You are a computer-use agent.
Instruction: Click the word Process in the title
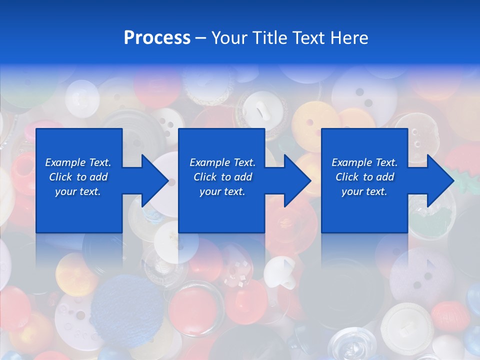(x=157, y=38)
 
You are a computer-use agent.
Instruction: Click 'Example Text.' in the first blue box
(x=78, y=162)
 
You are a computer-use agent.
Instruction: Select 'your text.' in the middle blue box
(x=222, y=192)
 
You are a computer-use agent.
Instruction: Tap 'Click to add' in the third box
(x=364, y=177)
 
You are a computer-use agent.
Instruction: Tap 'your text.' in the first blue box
(x=78, y=192)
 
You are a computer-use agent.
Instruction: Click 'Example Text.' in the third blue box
(x=364, y=162)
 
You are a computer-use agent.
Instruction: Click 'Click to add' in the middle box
(x=222, y=177)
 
